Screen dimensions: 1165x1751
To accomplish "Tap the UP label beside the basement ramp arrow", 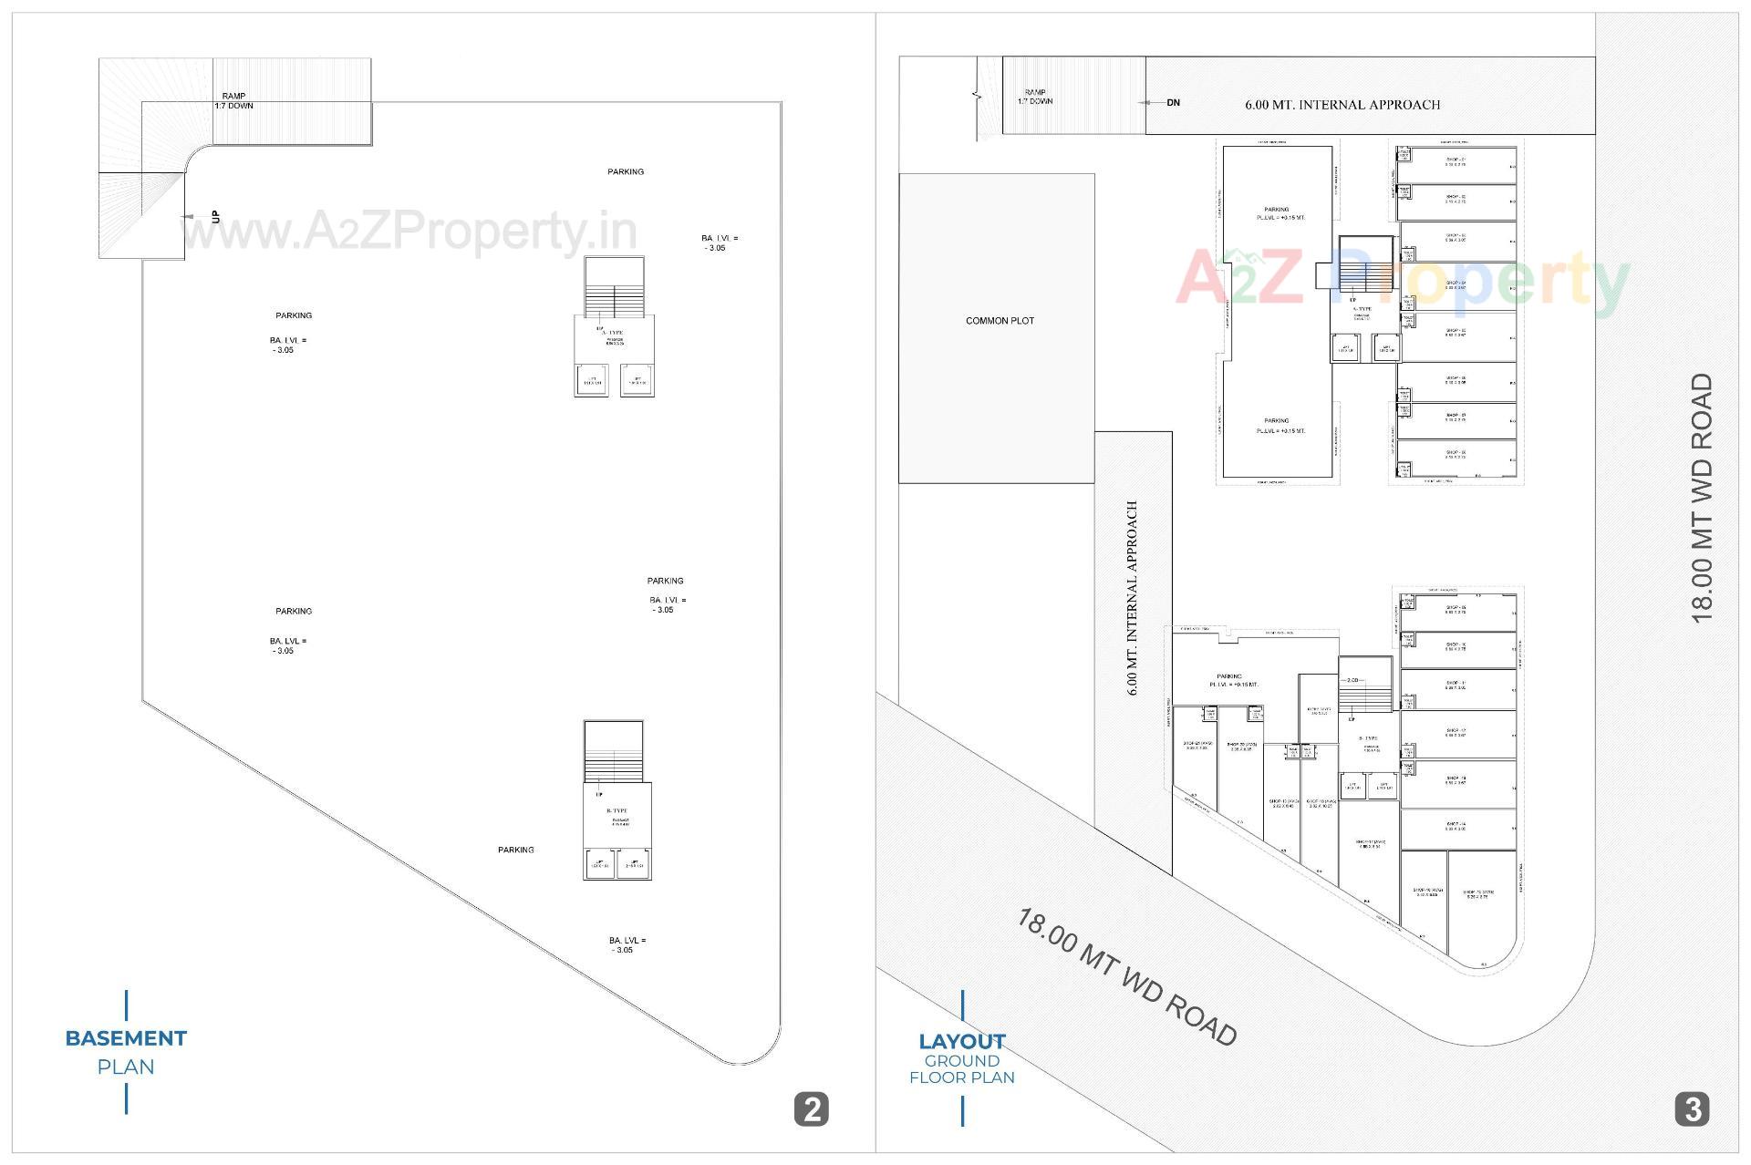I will [x=216, y=217].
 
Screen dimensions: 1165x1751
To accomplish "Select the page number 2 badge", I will [x=811, y=1108].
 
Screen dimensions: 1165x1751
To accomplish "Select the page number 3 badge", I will [x=1692, y=1108].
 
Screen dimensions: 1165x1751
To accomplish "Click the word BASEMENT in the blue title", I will [x=126, y=1038].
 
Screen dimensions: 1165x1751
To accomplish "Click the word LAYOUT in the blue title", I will [x=961, y=1041].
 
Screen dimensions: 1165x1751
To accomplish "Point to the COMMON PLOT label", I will [x=1000, y=321].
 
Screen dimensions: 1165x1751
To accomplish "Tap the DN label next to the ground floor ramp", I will [x=1173, y=103].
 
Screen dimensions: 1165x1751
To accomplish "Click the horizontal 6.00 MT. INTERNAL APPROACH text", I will [x=1342, y=105].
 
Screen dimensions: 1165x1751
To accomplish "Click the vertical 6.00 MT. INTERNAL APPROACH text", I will [x=1133, y=597].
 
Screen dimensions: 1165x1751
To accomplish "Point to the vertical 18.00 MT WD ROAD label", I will [x=1702, y=498].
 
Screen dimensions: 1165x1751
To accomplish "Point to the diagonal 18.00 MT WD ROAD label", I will [x=1127, y=976].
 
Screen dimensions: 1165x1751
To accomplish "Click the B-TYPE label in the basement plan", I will [x=616, y=810].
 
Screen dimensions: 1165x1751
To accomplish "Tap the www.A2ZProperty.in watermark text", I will [x=410, y=232].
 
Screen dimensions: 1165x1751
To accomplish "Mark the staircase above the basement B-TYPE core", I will [x=613, y=751].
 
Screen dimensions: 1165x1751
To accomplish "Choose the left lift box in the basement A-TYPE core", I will [x=592, y=380].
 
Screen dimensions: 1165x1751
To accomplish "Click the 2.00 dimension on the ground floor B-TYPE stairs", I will [x=1353, y=681].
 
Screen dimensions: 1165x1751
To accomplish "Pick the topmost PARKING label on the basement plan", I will [x=626, y=171].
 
